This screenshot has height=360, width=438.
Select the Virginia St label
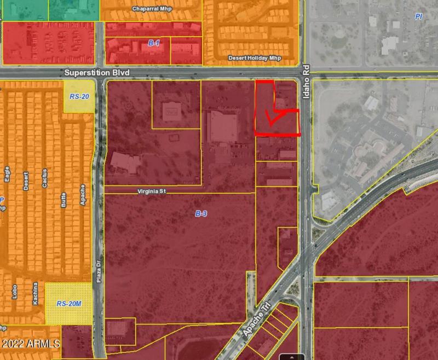click(x=151, y=191)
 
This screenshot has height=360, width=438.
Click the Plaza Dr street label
click(x=99, y=271)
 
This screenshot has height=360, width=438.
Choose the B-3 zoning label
click(x=201, y=213)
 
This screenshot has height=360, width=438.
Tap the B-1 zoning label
click(x=154, y=43)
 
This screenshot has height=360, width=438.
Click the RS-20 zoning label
click(x=79, y=96)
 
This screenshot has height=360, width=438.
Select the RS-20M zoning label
click(x=69, y=303)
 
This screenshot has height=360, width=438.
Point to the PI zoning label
click(x=419, y=17)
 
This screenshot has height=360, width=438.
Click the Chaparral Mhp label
click(x=151, y=9)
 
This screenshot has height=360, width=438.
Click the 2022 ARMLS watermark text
click(x=31, y=344)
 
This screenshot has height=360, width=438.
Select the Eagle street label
click(x=7, y=173)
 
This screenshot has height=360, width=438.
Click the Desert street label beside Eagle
click(x=26, y=181)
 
